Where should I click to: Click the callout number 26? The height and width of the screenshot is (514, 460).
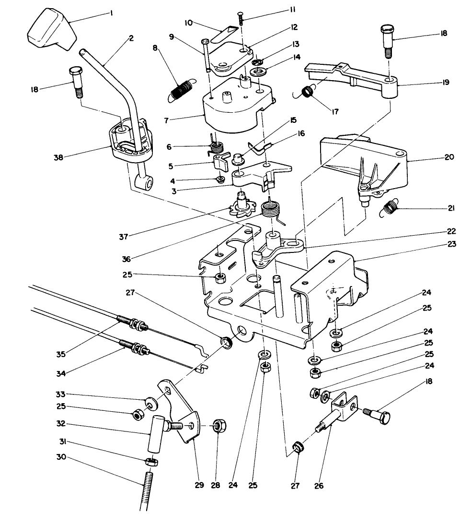pyautogui.click(x=319, y=486)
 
